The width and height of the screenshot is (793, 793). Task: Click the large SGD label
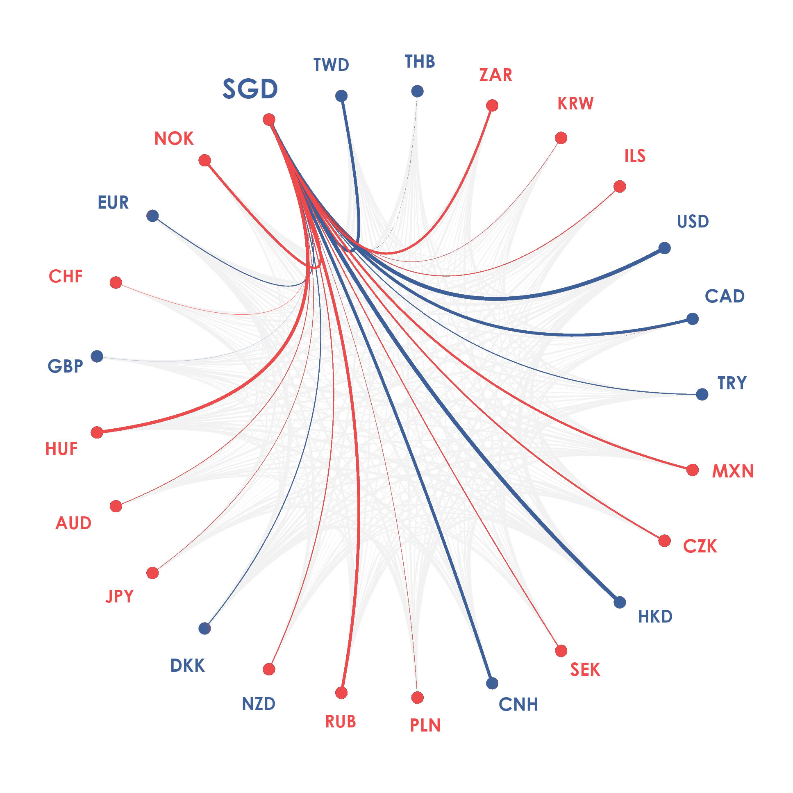tap(250, 89)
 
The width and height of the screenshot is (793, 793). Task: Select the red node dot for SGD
tap(269, 119)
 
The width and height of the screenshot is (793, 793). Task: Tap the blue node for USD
tap(665, 248)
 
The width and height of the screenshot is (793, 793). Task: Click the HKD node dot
tap(620, 602)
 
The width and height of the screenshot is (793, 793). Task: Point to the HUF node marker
tap(97, 432)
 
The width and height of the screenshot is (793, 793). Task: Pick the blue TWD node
tap(341, 96)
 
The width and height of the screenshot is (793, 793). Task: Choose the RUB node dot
tap(341, 693)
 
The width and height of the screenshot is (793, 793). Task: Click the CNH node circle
tap(492, 684)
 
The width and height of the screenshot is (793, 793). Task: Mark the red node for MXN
tap(693, 470)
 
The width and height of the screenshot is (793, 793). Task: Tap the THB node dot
tap(418, 91)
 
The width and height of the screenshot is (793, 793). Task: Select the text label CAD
tap(725, 296)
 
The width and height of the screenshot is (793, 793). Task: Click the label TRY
tap(732, 383)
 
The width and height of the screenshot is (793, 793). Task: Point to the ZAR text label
tap(496, 75)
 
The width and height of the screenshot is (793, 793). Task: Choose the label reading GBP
tap(65, 366)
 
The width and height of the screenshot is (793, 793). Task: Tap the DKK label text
tap(188, 666)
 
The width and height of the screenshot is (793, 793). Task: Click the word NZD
tap(259, 704)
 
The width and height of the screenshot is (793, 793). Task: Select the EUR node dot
tap(153, 216)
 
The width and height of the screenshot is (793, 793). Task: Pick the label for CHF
tap(66, 277)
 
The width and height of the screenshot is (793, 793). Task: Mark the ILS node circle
tap(620, 186)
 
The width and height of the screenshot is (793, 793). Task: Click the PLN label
tap(425, 726)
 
